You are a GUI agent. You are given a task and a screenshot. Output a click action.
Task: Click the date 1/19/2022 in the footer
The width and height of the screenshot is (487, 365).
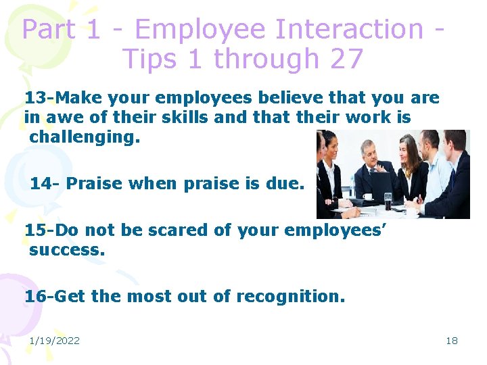[x=54, y=341]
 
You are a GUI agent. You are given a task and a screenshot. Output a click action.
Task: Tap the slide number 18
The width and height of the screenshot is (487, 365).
[x=451, y=341]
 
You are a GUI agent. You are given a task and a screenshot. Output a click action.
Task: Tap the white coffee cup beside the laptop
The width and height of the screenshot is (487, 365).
[x=368, y=197]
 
